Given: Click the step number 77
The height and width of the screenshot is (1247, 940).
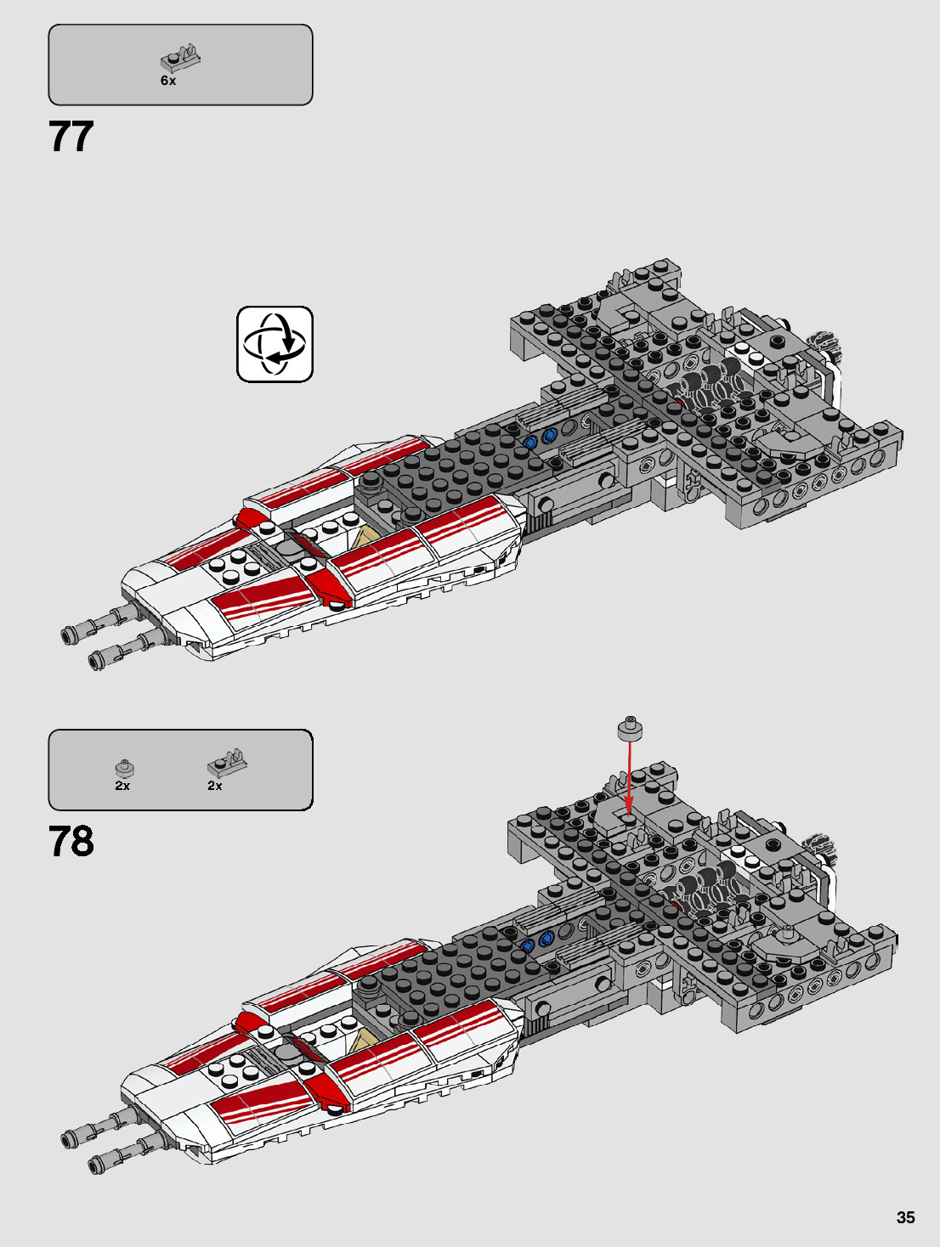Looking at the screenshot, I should click(x=71, y=137).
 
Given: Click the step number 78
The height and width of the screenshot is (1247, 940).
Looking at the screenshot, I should click(x=71, y=842).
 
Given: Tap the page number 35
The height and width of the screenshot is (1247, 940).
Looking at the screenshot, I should click(x=905, y=1217).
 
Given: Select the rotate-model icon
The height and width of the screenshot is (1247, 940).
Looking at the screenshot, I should click(x=275, y=344).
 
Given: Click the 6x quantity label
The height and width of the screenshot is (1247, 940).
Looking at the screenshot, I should click(x=168, y=81).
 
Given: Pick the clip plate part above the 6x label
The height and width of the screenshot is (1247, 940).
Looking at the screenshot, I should click(x=180, y=58).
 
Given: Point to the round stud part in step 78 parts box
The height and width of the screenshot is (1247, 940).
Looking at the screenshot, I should click(x=124, y=768).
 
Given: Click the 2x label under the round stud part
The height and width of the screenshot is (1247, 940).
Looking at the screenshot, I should click(x=122, y=786).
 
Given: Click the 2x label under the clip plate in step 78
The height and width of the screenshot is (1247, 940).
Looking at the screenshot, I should click(x=215, y=786).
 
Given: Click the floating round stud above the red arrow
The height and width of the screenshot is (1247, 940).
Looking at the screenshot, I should click(x=629, y=728).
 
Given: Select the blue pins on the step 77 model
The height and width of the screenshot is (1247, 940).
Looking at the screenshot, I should click(x=539, y=438).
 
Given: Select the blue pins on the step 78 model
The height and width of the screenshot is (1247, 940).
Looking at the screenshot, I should click(x=536, y=942).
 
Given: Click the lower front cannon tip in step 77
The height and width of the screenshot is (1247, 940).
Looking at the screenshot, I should click(x=96, y=659).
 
